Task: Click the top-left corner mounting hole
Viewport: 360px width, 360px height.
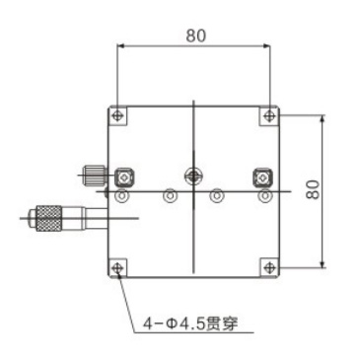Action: (x=118, y=115)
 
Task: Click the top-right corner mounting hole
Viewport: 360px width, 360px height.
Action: (x=269, y=115)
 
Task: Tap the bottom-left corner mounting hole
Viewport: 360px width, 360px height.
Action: (x=118, y=266)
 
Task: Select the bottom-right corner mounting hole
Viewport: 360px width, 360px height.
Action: (x=269, y=266)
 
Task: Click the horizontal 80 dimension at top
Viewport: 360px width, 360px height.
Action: (x=194, y=35)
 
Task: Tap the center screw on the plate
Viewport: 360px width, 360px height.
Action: (x=193, y=177)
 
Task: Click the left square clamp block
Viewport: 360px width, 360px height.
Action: (x=124, y=178)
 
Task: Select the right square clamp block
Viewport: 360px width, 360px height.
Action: (x=261, y=178)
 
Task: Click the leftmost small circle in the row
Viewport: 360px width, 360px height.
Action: (x=121, y=197)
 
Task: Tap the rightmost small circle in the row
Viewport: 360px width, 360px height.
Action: (x=263, y=197)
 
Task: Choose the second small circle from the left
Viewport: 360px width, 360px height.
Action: (x=171, y=197)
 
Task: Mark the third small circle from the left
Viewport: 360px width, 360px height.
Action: (x=217, y=197)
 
